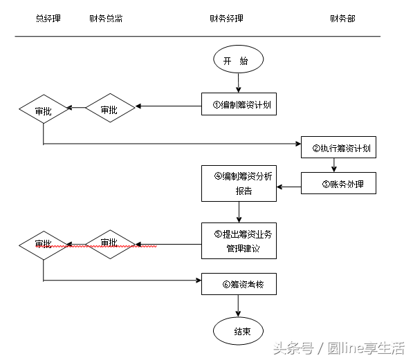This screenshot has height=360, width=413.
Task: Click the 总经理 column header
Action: [x=48, y=19]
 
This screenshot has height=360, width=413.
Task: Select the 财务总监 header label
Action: [x=106, y=19]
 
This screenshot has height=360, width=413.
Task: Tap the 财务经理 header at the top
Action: [x=226, y=19]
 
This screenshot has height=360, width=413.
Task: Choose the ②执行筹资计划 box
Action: [x=339, y=147]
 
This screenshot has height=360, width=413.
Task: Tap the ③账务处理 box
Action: [x=339, y=184]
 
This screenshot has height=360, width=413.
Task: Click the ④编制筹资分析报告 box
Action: [x=239, y=183]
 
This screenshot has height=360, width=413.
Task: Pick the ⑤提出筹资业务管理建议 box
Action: [x=239, y=240]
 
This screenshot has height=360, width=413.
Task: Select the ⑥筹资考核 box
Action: [x=239, y=283]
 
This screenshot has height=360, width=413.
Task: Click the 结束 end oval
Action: [x=239, y=331]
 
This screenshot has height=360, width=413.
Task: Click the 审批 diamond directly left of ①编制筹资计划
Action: [x=109, y=108]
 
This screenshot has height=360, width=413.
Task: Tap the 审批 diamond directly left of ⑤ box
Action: [x=109, y=243]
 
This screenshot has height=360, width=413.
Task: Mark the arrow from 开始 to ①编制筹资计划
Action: [x=239, y=83]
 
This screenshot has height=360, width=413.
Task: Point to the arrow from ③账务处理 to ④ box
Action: [x=289, y=184]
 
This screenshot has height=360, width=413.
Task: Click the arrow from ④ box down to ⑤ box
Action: [x=239, y=212]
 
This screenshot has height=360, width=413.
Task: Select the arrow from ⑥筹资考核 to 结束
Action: [x=239, y=305]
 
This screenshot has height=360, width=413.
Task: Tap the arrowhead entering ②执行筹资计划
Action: [x=297, y=144]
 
